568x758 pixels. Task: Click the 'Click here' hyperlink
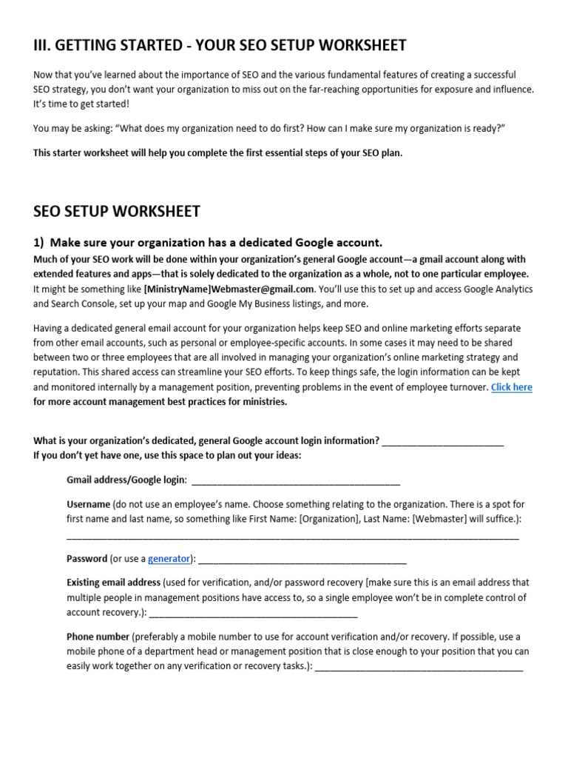[511, 387]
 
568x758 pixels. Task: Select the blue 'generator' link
[169, 558]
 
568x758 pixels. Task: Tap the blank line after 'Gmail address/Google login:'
[296, 481]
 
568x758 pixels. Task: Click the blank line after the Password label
[302, 560]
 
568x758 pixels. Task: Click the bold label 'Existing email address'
[113, 583]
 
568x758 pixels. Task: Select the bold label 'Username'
[88, 504]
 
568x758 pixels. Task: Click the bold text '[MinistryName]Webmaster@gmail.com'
[229, 289]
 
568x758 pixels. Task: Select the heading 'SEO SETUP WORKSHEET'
[117, 212]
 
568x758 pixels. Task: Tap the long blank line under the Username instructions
[292, 536]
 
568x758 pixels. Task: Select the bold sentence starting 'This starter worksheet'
[217, 153]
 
